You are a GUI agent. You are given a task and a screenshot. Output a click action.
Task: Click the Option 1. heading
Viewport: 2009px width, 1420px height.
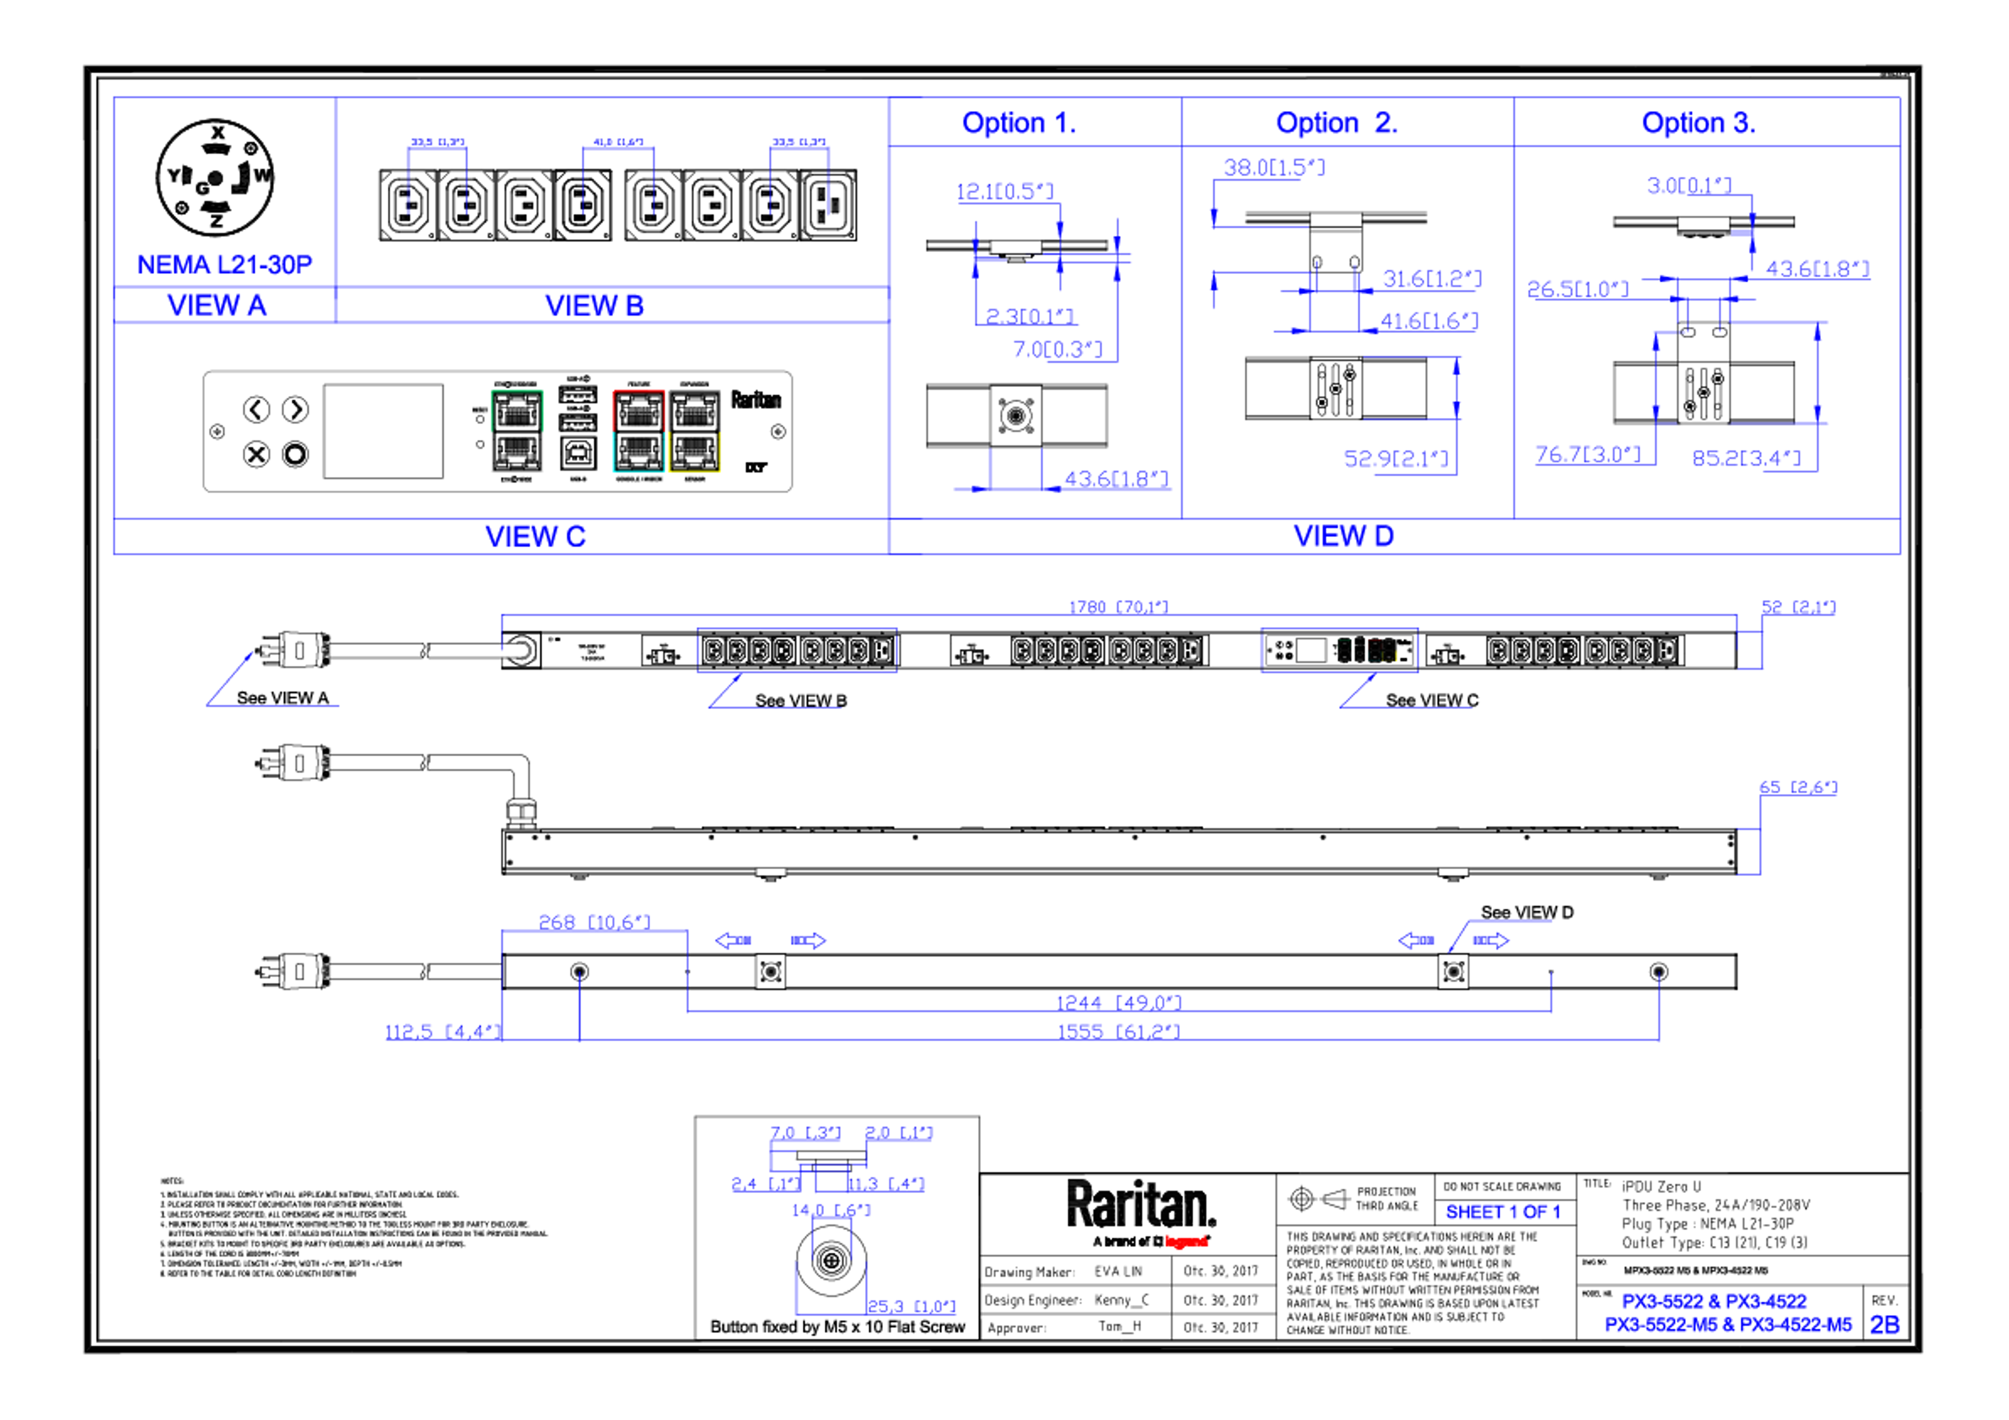click(x=1019, y=123)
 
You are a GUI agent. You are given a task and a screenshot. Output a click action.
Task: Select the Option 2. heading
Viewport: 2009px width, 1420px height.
click(x=1336, y=123)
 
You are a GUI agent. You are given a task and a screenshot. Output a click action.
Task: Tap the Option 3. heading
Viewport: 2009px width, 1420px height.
click(x=1698, y=123)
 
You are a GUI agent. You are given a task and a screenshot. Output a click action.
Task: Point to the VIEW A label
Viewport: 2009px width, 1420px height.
click(x=217, y=305)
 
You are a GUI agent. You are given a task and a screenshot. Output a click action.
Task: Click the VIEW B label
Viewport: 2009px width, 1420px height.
click(x=594, y=305)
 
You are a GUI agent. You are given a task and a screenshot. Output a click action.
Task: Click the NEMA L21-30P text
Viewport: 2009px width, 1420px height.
click(x=224, y=264)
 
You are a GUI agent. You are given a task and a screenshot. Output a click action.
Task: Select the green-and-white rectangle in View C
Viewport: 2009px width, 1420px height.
click(x=517, y=431)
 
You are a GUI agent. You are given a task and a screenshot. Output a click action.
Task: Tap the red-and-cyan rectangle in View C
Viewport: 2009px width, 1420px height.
click(x=638, y=431)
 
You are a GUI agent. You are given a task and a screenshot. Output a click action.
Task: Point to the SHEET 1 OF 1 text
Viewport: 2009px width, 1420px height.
click(x=1502, y=1213)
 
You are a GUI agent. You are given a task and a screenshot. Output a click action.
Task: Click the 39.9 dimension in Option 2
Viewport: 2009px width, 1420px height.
click(x=1273, y=167)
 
